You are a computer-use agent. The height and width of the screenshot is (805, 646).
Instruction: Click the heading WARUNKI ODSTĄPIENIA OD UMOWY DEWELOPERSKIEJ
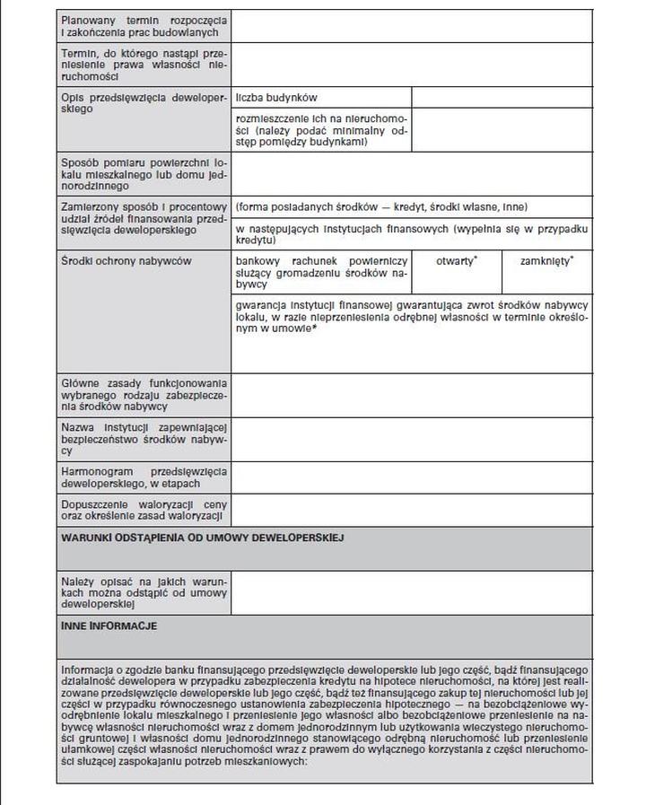202,538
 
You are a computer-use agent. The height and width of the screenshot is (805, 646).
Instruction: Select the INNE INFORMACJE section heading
109,625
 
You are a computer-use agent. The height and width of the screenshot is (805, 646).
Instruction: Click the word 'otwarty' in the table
456,260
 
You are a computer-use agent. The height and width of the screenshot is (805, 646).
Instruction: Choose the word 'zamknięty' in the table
546,260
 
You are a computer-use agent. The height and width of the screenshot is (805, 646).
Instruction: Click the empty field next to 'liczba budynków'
502,97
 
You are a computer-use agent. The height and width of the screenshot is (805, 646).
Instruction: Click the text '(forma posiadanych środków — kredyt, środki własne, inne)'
381,206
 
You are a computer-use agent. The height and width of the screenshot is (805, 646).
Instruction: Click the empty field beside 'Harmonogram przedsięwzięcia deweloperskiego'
412,477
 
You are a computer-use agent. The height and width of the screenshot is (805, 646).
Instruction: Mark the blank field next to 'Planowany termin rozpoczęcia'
412,25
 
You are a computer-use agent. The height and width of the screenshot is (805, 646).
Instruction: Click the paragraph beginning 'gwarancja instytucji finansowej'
412,317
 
